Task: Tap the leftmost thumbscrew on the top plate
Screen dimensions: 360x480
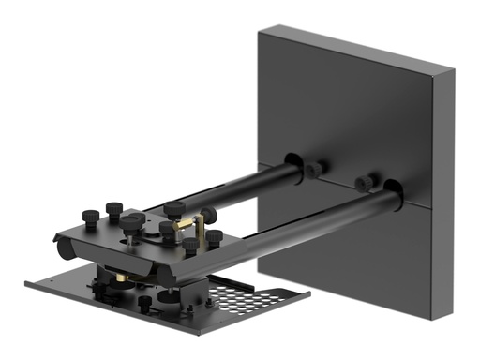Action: [91, 217]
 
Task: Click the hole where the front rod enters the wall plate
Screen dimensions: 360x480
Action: [394, 197]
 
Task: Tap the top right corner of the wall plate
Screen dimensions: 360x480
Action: [452, 67]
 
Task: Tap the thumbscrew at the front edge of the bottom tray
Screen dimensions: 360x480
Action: [144, 305]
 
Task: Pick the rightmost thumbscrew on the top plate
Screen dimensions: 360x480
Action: [215, 237]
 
